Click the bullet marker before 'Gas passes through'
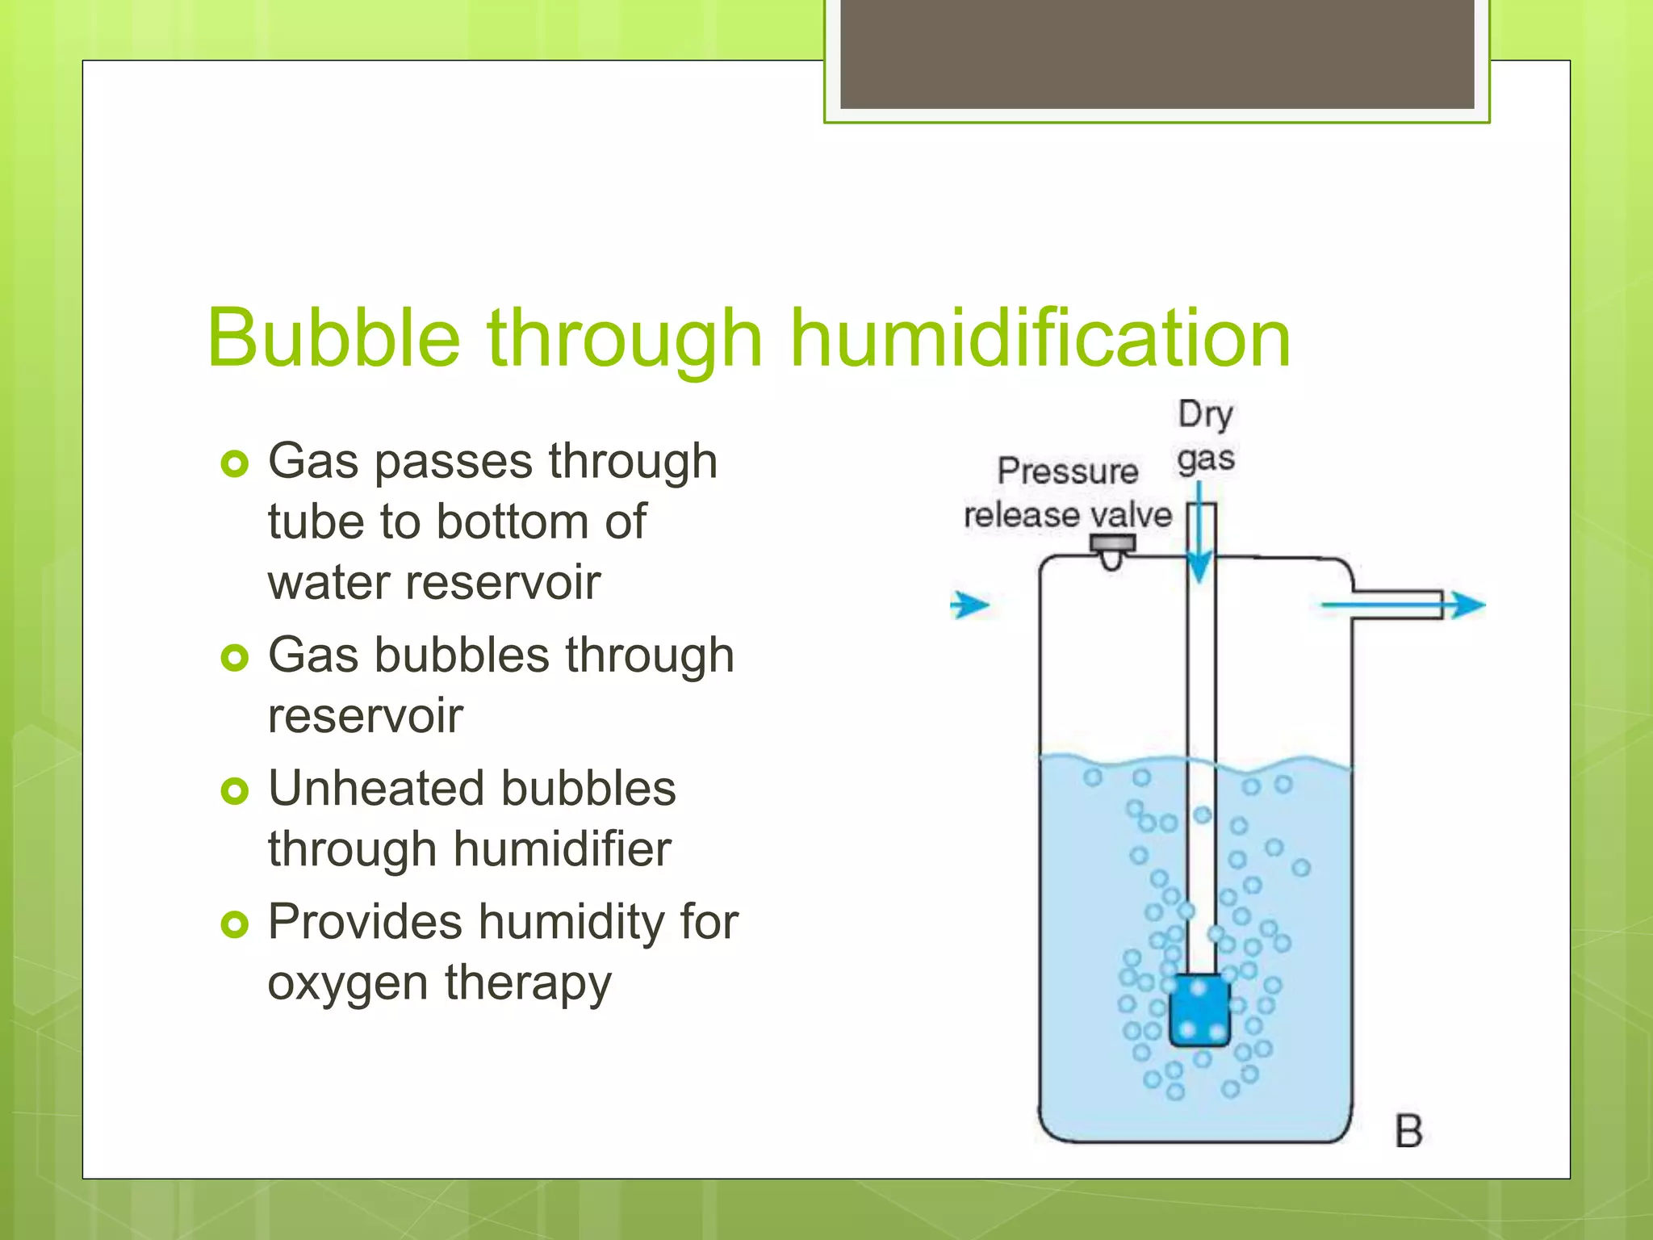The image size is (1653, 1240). (x=234, y=463)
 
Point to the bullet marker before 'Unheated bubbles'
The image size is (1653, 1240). (x=234, y=790)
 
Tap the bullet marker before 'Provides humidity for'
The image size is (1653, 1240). (x=234, y=924)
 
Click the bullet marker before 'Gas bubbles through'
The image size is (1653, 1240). (x=234, y=657)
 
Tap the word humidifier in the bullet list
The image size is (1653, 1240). (x=561, y=849)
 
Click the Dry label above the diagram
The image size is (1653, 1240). (x=1205, y=415)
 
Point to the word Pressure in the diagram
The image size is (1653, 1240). (x=1067, y=471)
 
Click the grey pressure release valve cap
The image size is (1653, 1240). (x=1112, y=545)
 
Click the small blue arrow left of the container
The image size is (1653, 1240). (x=969, y=605)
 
